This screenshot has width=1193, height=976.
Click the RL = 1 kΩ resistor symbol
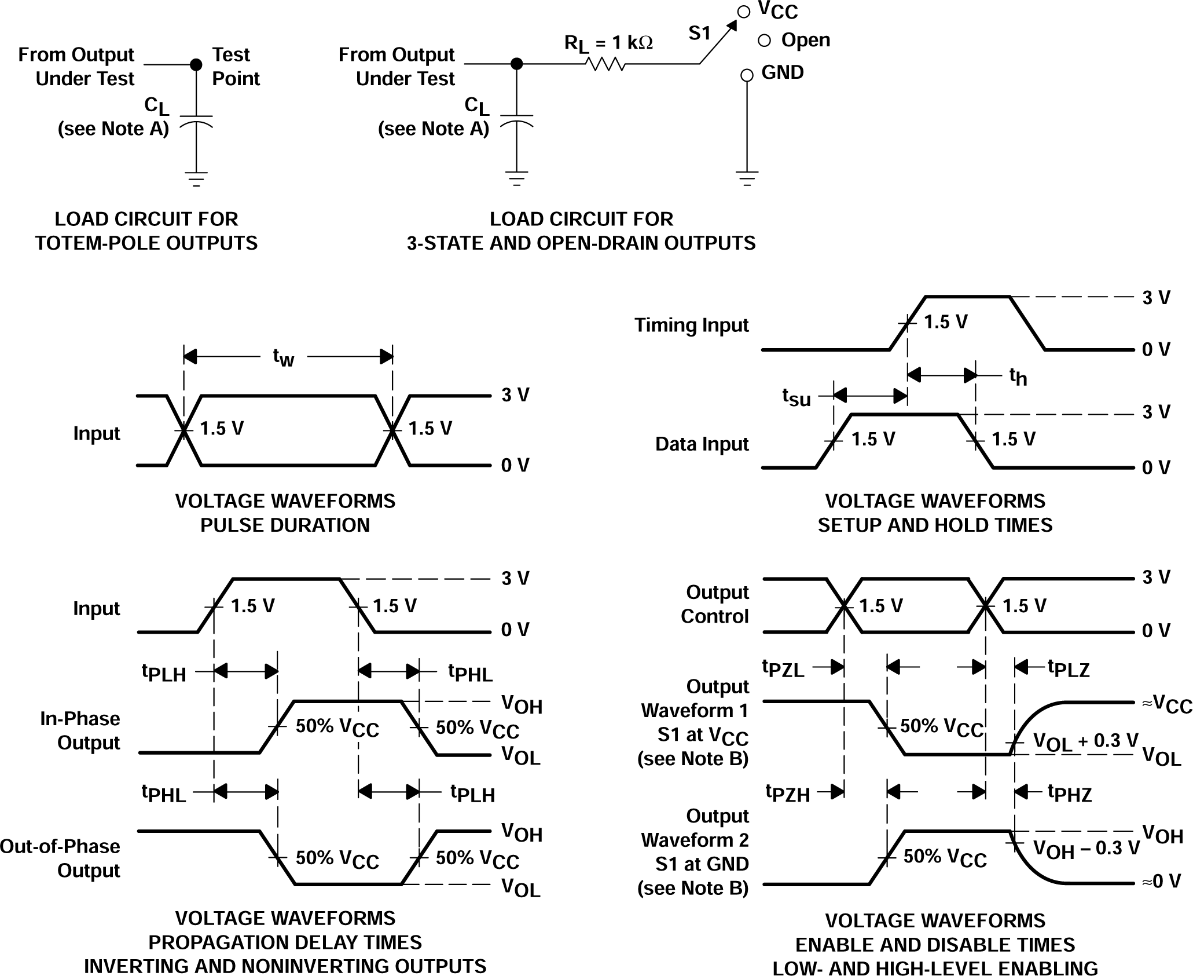tap(605, 64)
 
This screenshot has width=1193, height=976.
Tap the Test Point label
tap(235, 67)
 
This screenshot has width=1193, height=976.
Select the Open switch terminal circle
tap(764, 41)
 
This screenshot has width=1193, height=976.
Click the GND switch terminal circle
tap(747, 75)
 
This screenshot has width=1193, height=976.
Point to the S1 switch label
tap(699, 34)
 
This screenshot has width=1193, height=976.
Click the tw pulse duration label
tap(284, 357)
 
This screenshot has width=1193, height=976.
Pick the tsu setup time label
tap(796, 397)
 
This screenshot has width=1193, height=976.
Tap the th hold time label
tap(1018, 376)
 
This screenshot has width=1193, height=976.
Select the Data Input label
tap(702, 444)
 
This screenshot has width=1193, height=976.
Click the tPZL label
tap(783, 668)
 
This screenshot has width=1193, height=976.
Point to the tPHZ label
tap(1070, 793)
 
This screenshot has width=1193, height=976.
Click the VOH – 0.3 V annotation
tap(1086, 849)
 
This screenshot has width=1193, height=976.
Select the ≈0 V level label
tap(1161, 882)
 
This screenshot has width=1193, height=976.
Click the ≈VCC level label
tap(1166, 704)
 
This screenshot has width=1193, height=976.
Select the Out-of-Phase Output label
tap(60, 858)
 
